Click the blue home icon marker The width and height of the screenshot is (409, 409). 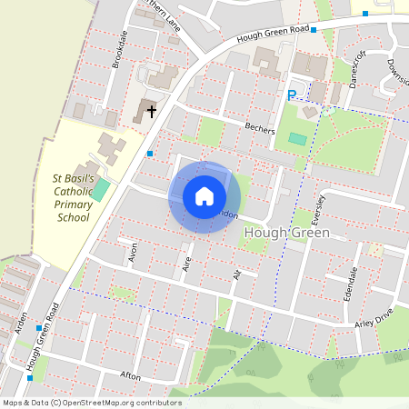click(x=204, y=196)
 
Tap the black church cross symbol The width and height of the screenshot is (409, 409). click(x=151, y=110)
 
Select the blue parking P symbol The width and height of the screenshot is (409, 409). click(x=292, y=95)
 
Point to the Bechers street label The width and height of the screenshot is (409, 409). click(x=259, y=128)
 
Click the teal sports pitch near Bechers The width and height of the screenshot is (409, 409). click(x=297, y=139)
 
